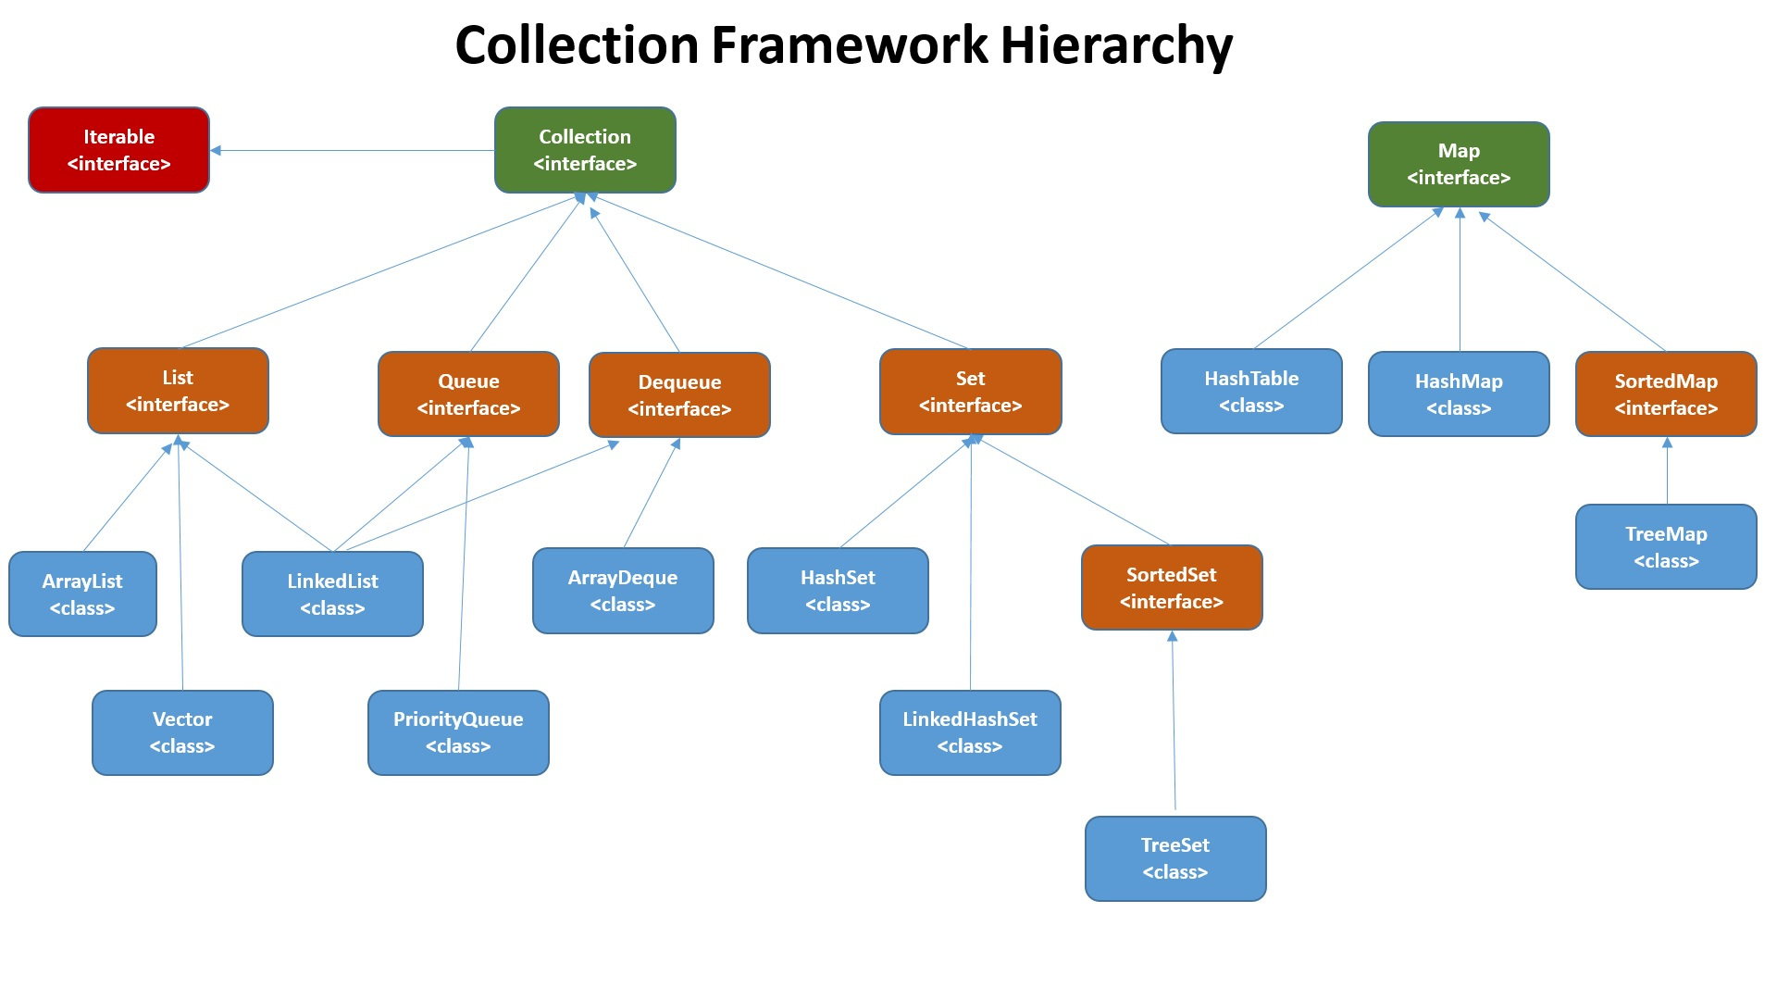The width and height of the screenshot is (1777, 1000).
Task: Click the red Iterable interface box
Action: tap(118, 150)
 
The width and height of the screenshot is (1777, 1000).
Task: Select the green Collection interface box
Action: tap(585, 150)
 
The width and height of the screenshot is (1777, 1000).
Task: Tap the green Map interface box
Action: tap(1459, 164)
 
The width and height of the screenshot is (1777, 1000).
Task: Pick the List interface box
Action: tap(178, 391)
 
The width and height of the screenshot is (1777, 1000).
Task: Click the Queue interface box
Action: tap(468, 394)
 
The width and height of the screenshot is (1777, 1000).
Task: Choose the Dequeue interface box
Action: tap(679, 395)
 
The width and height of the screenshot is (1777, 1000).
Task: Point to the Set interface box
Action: tap(970, 392)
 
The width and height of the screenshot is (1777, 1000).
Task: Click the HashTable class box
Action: tap(1251, 392)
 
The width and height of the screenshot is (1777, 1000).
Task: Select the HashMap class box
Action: tap(1459, 394)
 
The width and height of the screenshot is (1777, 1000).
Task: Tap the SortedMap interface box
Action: tap(1666, 394)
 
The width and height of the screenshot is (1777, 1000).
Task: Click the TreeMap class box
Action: tap(1666, 547)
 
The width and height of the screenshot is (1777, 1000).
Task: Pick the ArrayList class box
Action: tap(82, 594)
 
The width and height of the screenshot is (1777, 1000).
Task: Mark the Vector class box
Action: tap(182, 732)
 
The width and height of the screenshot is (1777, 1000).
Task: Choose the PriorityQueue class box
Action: tap(458, 732)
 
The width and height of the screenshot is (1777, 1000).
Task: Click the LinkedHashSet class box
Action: tap(970, 732)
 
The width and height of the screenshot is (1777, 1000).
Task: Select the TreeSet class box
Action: tap(1175, 858)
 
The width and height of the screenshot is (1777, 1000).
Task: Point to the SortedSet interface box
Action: tap(1172, 588)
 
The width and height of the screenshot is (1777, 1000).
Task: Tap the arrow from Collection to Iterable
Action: tap(352, 150)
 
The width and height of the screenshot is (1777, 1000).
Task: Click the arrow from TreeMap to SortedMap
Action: tap(1667, 472)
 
